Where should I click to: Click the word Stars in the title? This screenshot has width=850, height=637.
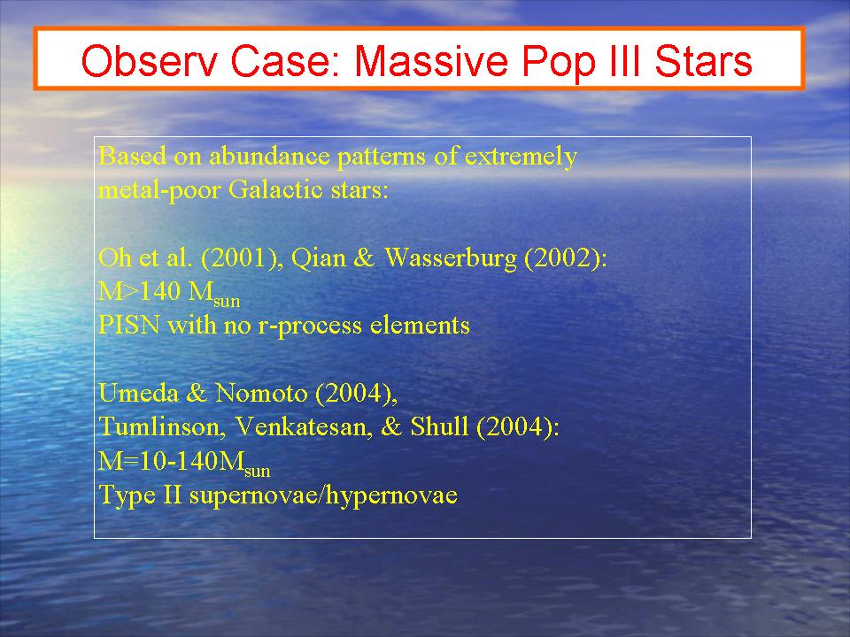[703, 60]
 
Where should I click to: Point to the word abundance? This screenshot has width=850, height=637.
[269, 156]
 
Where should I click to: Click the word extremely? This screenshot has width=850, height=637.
[521, 157]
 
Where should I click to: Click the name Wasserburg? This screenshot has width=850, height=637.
[451, 258]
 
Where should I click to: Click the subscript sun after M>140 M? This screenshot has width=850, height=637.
[227, 301]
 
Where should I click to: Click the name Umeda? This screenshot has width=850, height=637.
[138, 393]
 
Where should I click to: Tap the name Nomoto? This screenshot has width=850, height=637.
[261, 393]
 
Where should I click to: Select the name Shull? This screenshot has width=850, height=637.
[439, 426]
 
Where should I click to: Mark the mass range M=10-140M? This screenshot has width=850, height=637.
[184, 463]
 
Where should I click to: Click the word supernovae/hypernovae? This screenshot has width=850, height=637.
[323, 495]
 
